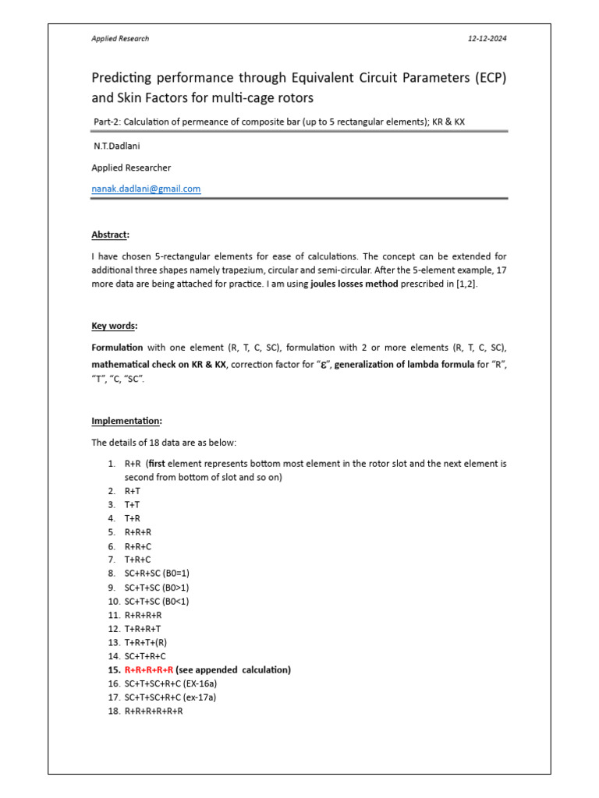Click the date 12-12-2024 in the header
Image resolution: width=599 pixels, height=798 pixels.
[487, 38]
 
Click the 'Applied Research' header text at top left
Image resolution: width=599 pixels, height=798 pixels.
[120, 38]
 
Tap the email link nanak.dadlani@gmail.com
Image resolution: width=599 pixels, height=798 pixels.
[146, 189]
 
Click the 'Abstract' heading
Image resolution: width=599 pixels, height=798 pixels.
[111, 235]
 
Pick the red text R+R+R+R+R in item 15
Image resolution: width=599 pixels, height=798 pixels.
[149, 670]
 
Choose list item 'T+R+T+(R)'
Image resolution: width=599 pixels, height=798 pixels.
[146, 642]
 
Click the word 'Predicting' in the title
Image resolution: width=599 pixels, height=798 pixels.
[128, 79]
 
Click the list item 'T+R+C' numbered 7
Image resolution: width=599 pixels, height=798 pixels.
[138, 559]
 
